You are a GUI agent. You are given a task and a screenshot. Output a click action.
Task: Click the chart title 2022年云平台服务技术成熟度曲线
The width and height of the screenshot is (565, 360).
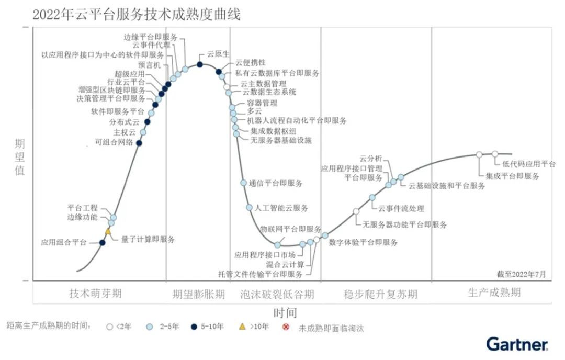point(137,15)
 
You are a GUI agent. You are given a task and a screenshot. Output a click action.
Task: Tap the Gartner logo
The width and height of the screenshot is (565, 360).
point(517,344)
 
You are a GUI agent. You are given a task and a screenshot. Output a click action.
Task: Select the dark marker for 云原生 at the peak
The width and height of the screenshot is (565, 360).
point(199,64)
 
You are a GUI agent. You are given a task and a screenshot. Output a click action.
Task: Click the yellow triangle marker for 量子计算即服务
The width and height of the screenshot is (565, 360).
point(108,231)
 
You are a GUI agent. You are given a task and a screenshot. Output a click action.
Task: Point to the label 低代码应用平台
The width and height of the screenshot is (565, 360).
point(529,164)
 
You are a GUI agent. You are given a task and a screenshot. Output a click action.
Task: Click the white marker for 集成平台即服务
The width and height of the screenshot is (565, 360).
point(479,154)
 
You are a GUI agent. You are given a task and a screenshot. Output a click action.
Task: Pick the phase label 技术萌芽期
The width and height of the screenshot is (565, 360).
point(95,293)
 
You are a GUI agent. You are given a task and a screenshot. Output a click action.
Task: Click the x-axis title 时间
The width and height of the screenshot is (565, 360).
point(285,313)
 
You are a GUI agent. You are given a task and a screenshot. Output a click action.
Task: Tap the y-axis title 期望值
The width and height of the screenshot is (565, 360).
point(19,157)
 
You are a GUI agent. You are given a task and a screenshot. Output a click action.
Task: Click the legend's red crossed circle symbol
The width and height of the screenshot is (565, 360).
point(286,327)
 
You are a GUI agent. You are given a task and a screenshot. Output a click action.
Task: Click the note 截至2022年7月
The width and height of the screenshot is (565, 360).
point(521,274)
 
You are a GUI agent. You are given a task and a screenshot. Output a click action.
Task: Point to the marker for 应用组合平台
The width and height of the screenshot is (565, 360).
point(103,242)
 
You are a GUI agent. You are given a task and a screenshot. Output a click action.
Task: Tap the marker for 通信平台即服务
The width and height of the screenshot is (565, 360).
point(243,183)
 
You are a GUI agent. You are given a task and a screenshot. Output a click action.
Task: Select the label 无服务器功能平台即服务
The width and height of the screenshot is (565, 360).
point(405,224)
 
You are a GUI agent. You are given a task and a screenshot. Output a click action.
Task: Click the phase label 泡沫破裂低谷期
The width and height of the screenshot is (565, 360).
point(277,294)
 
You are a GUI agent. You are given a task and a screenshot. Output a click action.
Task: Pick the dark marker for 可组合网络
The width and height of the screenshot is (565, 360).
point(139,142)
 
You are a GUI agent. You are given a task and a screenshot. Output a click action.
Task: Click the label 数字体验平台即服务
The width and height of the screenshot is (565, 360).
point(363,242)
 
